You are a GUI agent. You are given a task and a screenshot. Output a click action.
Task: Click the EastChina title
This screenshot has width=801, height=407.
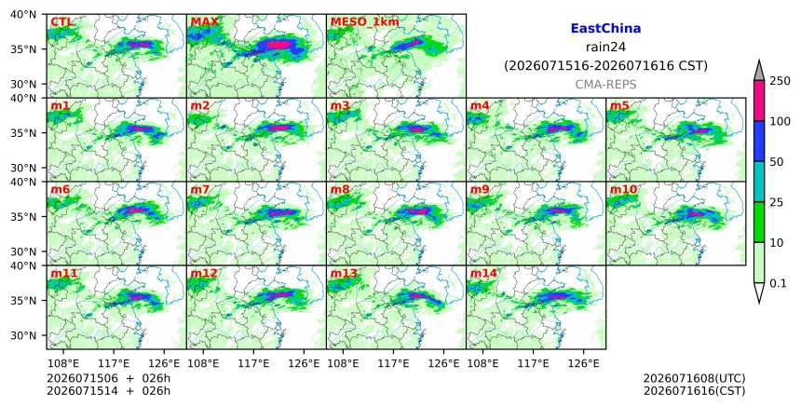coord(605,29)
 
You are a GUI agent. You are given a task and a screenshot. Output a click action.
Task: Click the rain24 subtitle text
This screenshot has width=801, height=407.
coord(605,47)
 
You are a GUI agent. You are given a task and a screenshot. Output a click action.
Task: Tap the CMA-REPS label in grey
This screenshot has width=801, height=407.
coord(605,84)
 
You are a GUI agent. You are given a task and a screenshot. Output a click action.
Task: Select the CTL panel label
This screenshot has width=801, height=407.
coord(61,22)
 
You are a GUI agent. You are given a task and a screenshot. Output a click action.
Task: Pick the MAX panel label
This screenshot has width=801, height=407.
coord(204,22)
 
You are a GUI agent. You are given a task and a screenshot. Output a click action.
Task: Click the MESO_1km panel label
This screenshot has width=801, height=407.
coord(365,22)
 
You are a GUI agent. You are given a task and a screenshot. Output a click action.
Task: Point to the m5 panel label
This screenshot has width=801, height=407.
coord(619,105)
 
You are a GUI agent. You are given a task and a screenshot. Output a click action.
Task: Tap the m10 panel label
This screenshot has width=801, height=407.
coord(623,189)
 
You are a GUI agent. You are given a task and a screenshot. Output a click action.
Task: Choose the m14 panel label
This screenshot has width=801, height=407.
coord(483,273)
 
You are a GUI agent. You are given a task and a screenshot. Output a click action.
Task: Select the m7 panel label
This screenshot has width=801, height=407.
coord(199,189)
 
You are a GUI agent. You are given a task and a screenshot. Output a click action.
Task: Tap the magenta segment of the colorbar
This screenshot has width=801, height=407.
coord(758,101)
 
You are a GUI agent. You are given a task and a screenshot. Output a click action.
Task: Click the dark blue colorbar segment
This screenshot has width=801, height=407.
coord(758,141)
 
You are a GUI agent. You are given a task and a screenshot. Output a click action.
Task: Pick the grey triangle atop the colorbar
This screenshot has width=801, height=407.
coord(758,71)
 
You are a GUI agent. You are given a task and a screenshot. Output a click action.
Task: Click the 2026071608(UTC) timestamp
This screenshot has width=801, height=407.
coord(694,378)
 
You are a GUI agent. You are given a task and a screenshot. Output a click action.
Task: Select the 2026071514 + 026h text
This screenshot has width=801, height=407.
coord(108,390)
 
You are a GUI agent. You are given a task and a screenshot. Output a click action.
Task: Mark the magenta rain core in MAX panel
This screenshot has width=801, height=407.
coord(278,45)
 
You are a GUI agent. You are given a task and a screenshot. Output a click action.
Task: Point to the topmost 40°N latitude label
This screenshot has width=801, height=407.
coord(23,14)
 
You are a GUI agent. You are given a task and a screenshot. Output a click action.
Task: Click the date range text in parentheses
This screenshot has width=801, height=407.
coord(605,66)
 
